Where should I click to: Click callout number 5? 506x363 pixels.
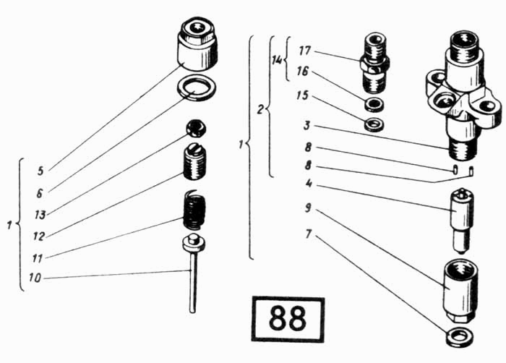click(40, 171)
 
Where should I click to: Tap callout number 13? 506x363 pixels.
click(40, 215)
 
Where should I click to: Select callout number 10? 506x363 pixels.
click(35, 278)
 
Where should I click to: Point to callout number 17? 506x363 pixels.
click(304, 51)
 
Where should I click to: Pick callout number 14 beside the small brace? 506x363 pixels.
click(277, 61)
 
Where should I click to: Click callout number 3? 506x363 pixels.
click(307, 125)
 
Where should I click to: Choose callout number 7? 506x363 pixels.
click(309, 234)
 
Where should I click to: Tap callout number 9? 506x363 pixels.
click(308, 208)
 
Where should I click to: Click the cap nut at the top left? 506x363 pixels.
click(197, 44)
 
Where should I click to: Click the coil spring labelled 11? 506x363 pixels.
click(194, 210)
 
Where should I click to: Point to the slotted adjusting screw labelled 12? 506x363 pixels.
click(195, 162)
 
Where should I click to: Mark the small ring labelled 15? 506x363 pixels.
click(374, 124)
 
